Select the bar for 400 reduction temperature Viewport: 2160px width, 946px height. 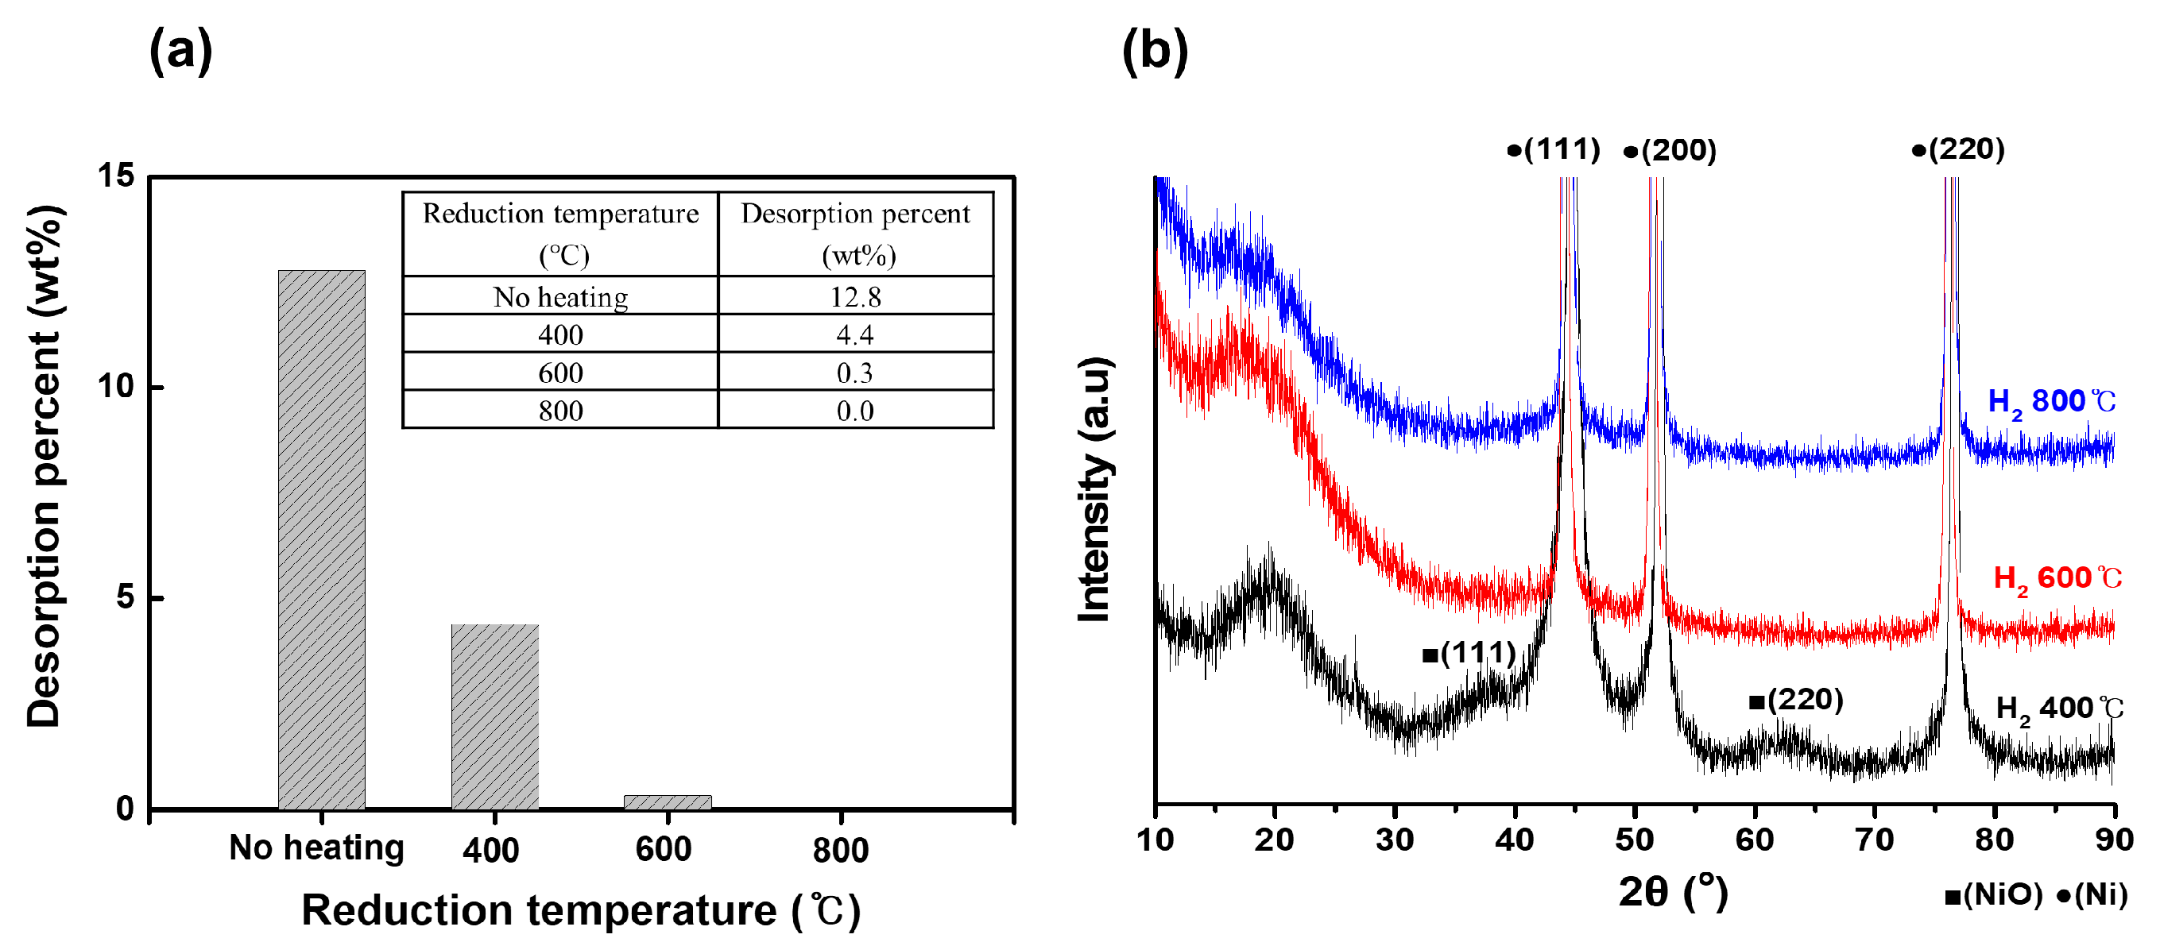[x=495, y=716]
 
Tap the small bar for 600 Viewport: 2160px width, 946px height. [x=668, y=802]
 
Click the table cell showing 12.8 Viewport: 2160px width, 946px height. [x=855, y=296]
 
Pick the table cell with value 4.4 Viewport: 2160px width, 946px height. [x=855, y=334]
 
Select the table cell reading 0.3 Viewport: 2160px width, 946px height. [x=855, y=372]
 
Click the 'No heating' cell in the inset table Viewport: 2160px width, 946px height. [x=560, y=296]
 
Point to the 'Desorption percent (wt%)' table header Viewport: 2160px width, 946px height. [x=855, y=233]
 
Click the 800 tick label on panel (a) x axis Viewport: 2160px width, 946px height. [x=840, y=850]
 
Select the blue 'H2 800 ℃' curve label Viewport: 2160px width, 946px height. [x=2051, y=402]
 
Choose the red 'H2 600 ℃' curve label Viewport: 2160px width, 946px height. [x=2056, y=578]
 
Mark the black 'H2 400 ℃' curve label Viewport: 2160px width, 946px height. [x=2058, y=709]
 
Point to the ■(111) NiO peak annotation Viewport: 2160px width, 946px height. [x=1469, y=653]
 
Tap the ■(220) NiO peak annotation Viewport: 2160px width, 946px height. [x=1796, y=700]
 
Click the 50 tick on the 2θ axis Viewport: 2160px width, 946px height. [x=1634, y=839]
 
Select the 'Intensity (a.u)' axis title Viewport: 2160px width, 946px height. [x=1095, y=489]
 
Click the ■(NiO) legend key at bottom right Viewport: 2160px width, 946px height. [x=1994, y=895]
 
